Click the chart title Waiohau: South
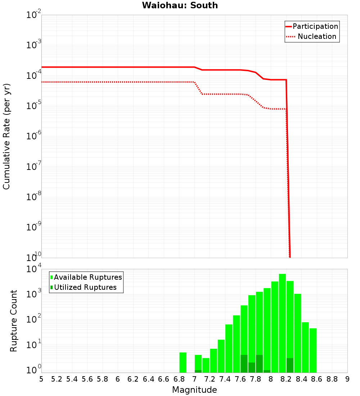(x=180, y=5)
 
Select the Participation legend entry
(x=315, y=26)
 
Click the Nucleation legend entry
(x=316, y=36)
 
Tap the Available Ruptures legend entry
(x=88, y=277)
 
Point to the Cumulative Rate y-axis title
(x=6, y=136)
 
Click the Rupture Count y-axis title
(x=14, y=321)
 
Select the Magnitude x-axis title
(x=194, y=390)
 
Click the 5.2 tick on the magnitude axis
(x=57, y=379)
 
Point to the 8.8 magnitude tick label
(x=332, y=379)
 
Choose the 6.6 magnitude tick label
(x=164, y=379)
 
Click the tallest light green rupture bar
(x=282, y=323)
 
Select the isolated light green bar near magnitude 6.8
(x=183, y=363)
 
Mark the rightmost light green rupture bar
(x=313, y=350)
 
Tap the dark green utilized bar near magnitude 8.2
(x=290, y=365)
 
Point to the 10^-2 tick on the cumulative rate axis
(x=33, y=15)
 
